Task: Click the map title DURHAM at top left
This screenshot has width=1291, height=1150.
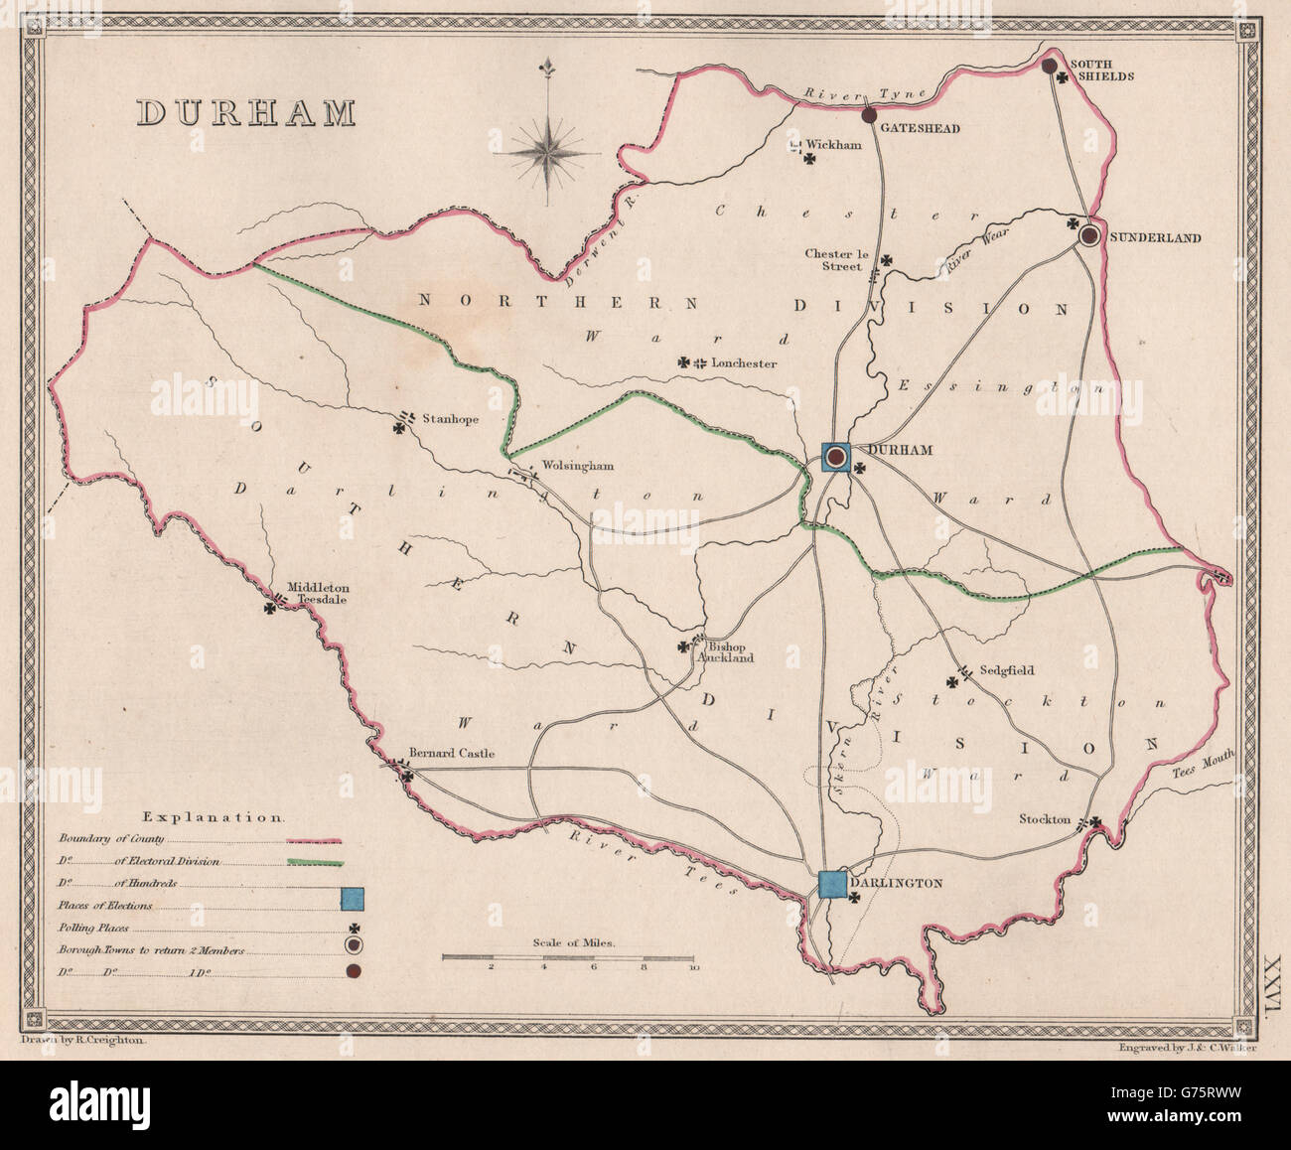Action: point(245,112)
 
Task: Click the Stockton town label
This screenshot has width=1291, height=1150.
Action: point(1045,819)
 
